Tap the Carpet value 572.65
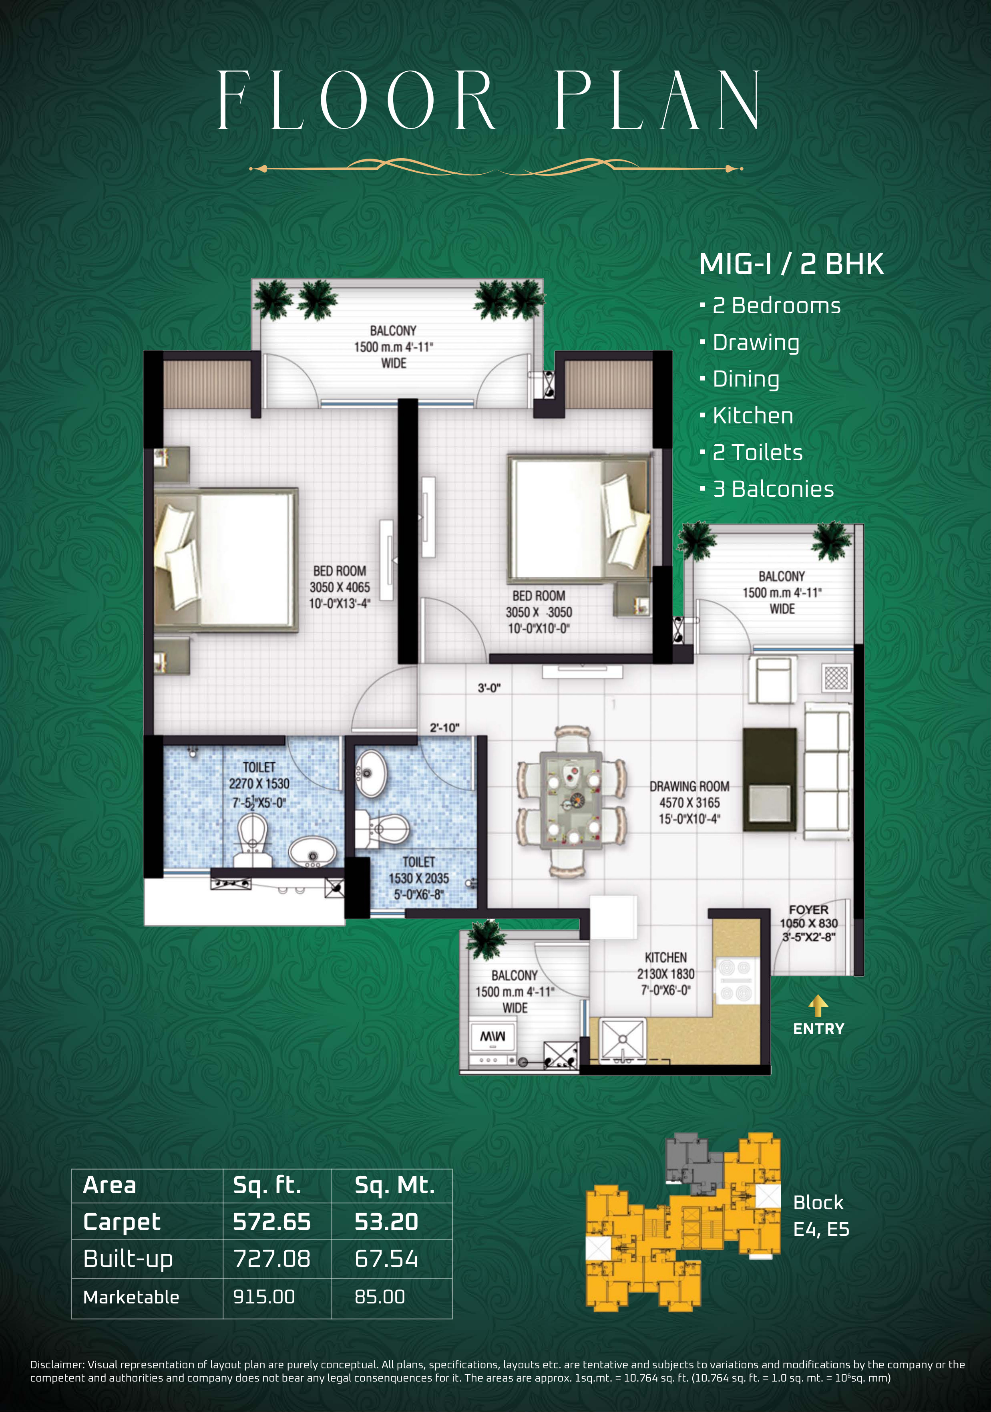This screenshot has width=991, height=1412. (272, 1222)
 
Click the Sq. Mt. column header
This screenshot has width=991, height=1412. (395, 1185)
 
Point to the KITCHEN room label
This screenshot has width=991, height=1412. (666, 957)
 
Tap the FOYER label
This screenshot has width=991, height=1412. (808, 909)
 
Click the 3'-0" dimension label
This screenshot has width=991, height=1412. (489, 688)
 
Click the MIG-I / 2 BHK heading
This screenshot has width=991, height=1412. (791, 264)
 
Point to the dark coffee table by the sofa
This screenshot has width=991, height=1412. (769, 780)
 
